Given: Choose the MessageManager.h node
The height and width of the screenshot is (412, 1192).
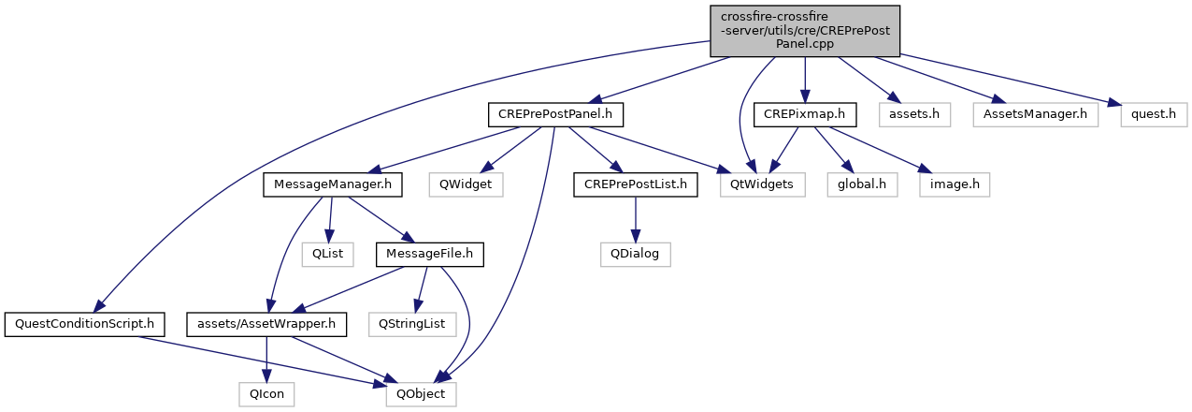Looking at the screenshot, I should (x=333, y=185).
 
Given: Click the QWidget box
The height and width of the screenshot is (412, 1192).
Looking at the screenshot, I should (x=466, y=185).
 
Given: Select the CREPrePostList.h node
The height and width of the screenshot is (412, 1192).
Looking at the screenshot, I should (x=636, y=185).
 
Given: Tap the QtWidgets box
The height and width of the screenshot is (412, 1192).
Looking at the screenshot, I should (x=763, y=185).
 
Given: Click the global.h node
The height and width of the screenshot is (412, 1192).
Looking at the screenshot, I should (x=862, y=185).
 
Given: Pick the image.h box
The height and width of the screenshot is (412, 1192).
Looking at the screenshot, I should (x=954, y=185).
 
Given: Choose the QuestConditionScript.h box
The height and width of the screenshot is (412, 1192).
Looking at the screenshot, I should (x=85, y=325).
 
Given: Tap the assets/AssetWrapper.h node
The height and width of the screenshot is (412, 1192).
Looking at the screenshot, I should (x=267, y=325).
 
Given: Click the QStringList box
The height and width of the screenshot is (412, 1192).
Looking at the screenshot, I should (x=410, y=325).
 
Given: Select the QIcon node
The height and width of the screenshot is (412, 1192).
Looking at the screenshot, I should (x=267, y=395).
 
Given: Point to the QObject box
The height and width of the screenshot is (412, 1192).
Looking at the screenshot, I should (x=422, y=395).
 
